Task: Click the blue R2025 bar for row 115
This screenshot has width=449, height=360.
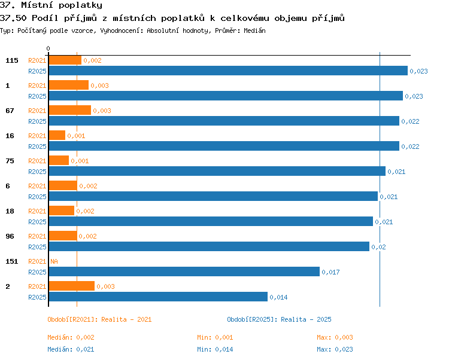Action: coord(228,71)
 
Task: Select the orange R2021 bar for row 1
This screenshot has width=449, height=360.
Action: coord(69,85)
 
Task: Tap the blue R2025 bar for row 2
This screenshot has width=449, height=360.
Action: coord(158,297)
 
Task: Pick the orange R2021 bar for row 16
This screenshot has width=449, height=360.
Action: coord(57,135)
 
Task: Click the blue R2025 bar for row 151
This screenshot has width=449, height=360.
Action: coord(184,271)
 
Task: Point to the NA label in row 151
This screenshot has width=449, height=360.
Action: coord(54,261)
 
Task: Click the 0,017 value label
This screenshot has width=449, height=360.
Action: coord(330,272)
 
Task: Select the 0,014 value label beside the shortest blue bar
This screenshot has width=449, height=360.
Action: coord(278,297)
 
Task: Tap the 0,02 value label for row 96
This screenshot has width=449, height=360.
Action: coord(378,247)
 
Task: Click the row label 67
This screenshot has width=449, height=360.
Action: coord(10,111)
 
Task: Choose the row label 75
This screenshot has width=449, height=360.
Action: coord(10,161)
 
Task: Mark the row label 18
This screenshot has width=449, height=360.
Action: coord(10,211)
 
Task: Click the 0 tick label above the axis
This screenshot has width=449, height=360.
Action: coord(48,48)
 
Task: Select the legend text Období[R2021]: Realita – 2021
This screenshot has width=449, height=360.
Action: coord(99,319)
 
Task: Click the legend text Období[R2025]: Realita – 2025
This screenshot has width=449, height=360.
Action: coord(279,319)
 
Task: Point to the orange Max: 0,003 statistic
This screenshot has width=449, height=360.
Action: coord(335,337)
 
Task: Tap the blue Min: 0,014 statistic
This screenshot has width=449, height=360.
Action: coord(215,349)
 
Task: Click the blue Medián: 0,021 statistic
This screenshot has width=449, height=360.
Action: coord(71,349)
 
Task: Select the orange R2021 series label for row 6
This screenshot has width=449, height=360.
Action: coord(37,186)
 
